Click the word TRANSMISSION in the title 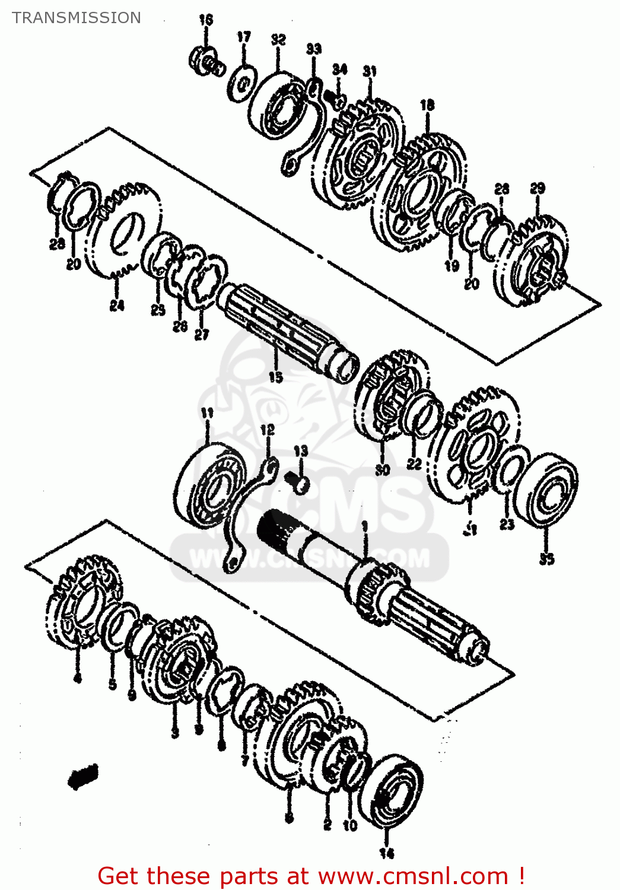point(77,18)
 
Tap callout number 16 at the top point(205,20)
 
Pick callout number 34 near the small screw point(339,69)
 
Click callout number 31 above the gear point(370,71)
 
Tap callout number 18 point(427,106)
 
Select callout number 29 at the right point(538,189)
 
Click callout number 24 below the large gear point(117,306)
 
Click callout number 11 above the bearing point(206,413)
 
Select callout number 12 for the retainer point(268,430)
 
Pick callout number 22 point(414,463)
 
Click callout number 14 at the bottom point(387,853)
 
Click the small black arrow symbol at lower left point(83,776)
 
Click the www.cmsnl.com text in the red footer point(413,876)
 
